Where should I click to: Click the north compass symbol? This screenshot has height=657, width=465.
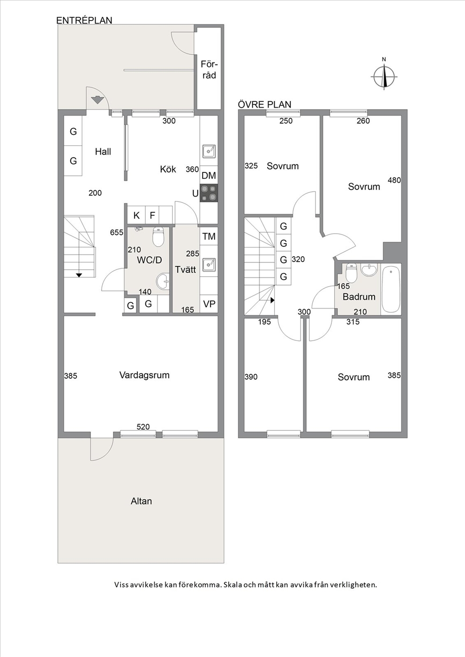point(384,76)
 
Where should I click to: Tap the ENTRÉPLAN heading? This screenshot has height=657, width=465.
point(84,20)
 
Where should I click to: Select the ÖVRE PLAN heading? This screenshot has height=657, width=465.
point(264,104)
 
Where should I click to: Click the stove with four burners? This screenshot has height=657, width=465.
point(209,193)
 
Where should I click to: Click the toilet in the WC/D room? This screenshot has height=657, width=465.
point(158,237)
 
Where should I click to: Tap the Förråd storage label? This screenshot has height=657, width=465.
point(209,69)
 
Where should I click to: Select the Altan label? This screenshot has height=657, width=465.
point(141,501)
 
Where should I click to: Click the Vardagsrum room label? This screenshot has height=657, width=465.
point(144,375)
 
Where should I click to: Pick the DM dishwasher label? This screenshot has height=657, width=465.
point(209,176)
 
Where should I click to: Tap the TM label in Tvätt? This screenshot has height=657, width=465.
point(209,236)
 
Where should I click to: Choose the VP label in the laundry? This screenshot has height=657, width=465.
point(209,304)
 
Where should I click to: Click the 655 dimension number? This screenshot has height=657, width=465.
point(117,232)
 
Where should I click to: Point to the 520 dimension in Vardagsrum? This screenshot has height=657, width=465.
point(143,427)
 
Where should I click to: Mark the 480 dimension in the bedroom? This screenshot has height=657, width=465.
point(394,180)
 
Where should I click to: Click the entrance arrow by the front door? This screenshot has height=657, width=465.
point(97,100)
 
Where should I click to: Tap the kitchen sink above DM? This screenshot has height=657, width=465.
point(209,151)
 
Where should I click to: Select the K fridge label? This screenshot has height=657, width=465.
point(136,215)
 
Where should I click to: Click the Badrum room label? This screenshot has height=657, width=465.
point(359,296)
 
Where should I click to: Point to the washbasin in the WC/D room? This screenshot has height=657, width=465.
point(163,281)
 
